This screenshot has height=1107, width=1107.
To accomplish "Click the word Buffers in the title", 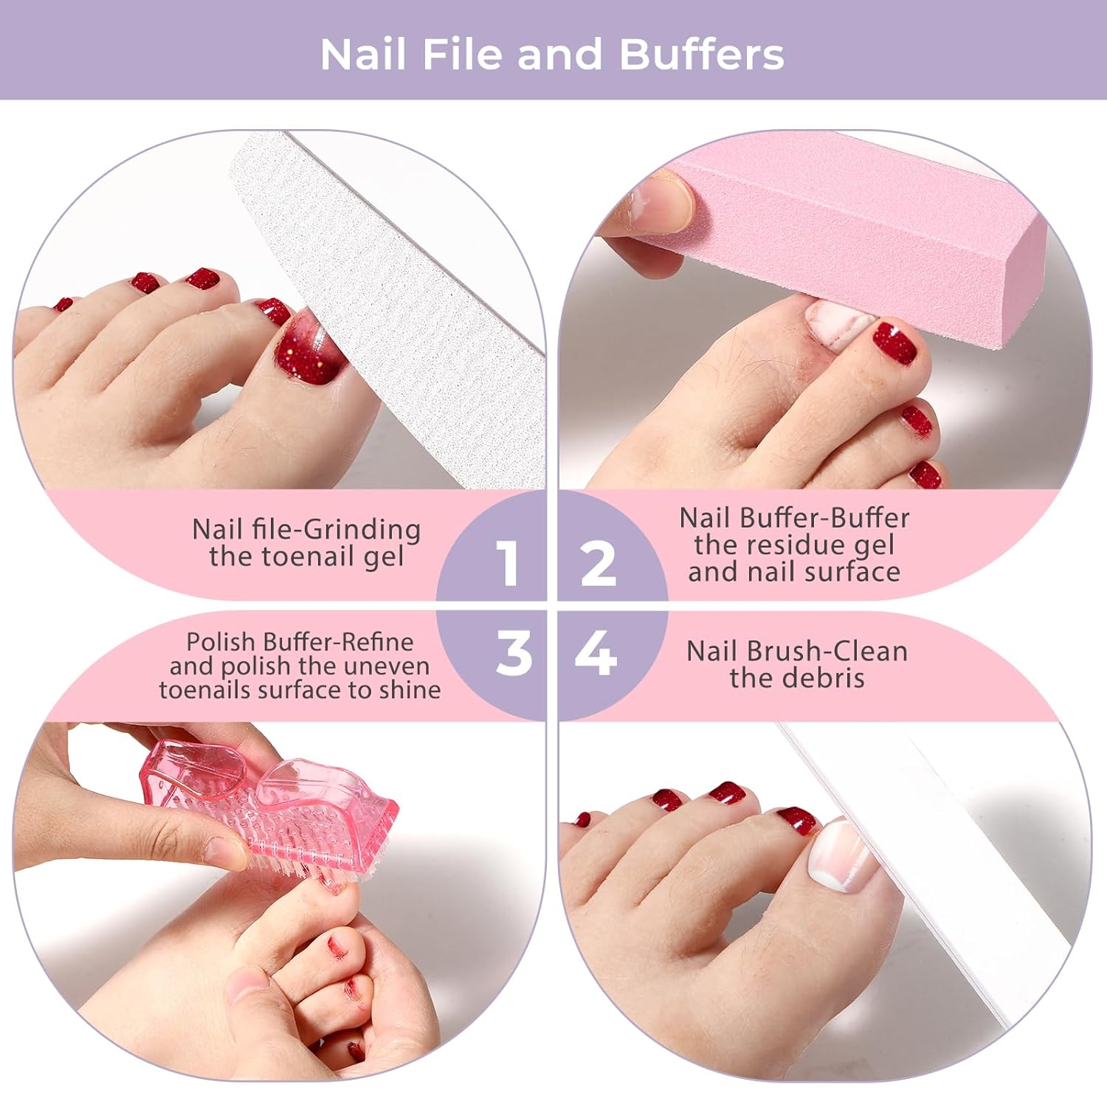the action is point(701,55).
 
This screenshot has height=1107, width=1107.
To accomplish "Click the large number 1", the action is point(507,563).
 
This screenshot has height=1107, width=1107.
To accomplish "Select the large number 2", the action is point(599,563).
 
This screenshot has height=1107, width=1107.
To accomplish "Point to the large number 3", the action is point(514,652).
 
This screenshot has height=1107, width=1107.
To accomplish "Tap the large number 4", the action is point(596,652).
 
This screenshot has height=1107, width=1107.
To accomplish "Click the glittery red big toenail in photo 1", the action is point(308,347).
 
